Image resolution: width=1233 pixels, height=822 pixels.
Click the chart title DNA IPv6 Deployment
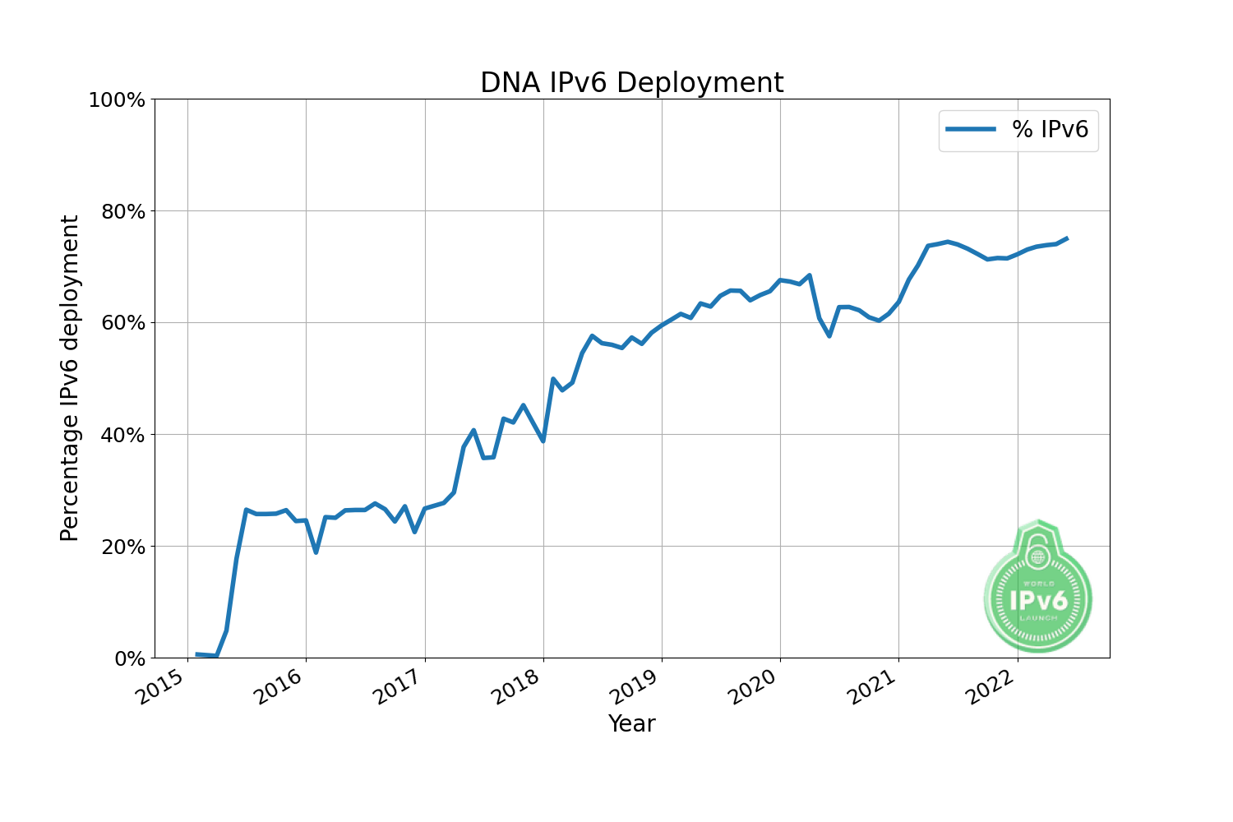tap(631, 83)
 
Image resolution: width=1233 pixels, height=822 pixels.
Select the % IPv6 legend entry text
tap(1050, 130)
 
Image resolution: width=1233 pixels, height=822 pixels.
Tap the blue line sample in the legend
tap(971, 130)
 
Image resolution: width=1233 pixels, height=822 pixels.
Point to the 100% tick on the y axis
tap(117, 100)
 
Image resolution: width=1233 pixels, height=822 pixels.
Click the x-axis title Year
tap(631, 724)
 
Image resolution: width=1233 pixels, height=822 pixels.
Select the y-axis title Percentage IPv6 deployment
tap(71, 378)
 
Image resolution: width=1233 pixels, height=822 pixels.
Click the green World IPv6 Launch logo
tap(1037, 589)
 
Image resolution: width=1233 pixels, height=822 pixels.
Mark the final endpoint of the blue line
tap(1067, 238)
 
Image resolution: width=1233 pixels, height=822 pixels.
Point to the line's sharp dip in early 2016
tap(316, 552)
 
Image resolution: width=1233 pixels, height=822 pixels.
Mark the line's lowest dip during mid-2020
tap(829, 335)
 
